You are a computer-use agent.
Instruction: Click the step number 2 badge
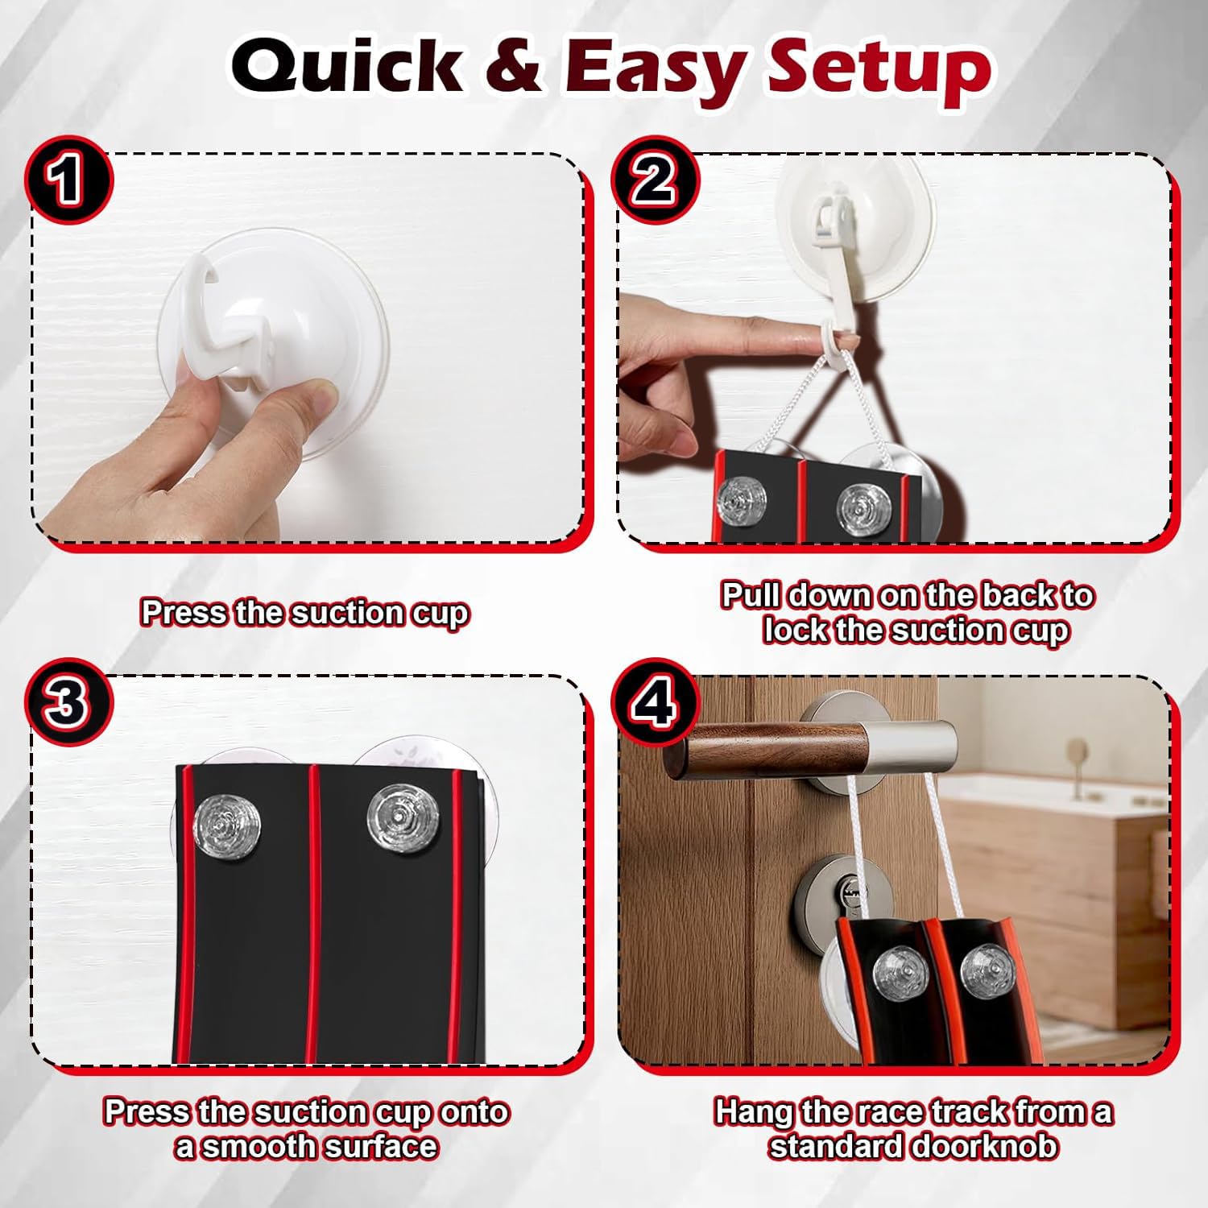[x=654, y=179]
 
